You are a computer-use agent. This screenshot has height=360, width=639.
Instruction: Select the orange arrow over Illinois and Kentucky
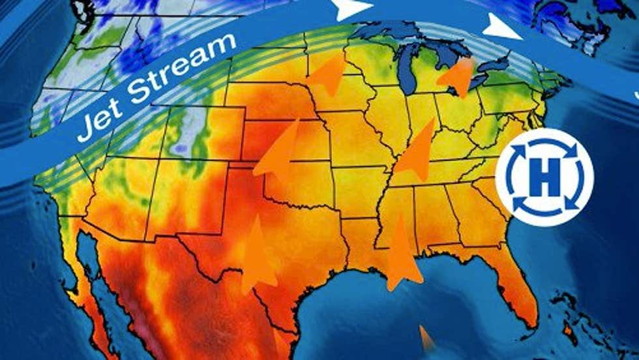click(x=417, y=153)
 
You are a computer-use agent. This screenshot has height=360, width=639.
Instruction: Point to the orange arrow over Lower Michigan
click(x=458, y=77)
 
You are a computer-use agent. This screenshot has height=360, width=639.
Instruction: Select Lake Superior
click(x=391, y=31)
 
